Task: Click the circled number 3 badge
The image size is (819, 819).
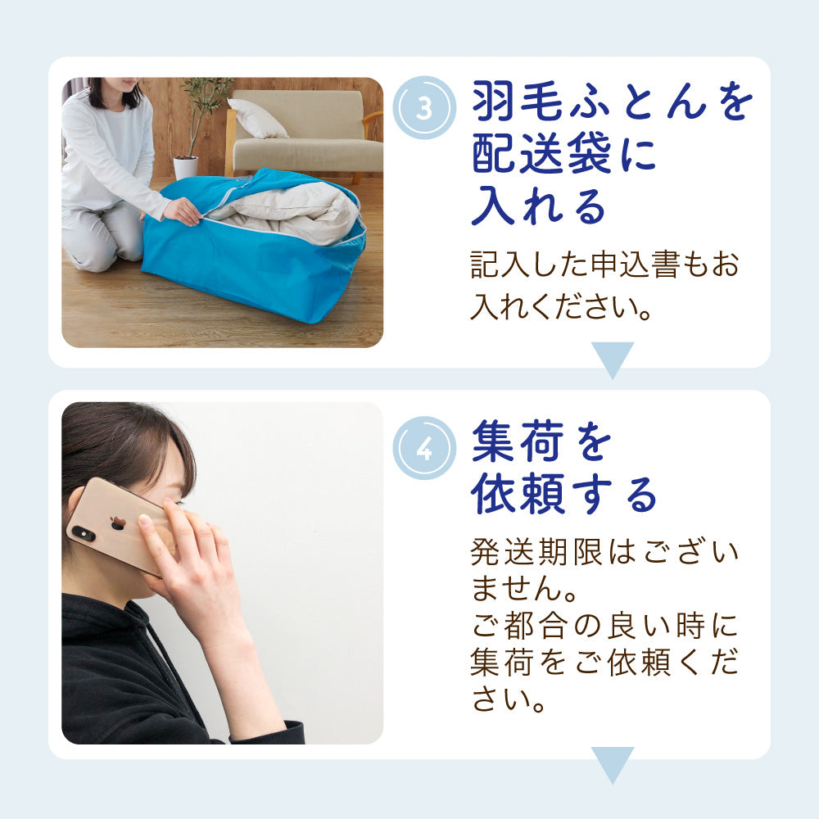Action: [424, 107]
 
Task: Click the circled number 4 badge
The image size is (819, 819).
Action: [424, 448]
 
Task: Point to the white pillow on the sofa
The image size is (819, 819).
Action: [257, 118]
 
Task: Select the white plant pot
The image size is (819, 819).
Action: [186, 168]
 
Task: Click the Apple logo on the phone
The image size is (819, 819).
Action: [117, 523]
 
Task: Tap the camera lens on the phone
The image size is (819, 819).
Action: [84, 533]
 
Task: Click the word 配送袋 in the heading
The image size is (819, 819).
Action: [541, 153]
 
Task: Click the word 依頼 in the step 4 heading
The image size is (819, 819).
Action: [518, 494]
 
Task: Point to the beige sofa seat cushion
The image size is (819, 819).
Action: [308, 155]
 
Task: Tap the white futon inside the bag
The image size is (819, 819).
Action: [285, 211]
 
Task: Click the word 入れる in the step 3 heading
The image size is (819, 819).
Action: [539, 206]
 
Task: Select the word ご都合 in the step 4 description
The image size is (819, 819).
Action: [520, 626]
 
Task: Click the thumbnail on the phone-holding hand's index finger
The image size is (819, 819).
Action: [146, 520]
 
